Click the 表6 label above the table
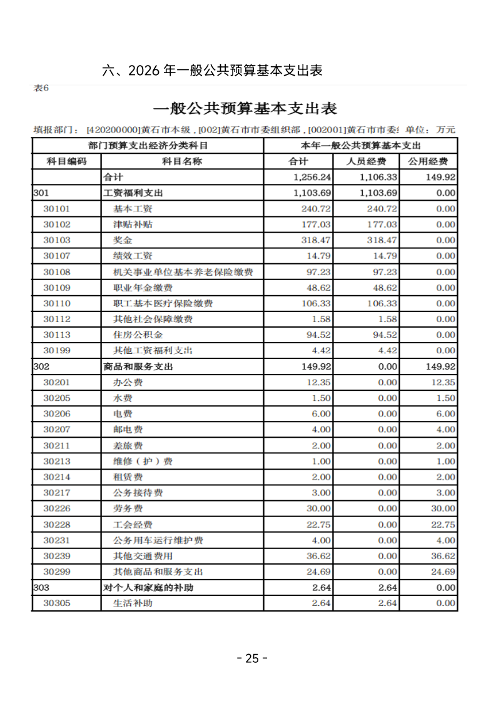pos(41,88)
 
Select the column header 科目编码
pos(67,161)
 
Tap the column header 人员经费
pos(366,161)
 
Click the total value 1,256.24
pos(312,177)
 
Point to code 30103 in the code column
pos(57,240)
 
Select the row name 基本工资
pos(133,209)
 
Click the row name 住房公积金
pos(133,335)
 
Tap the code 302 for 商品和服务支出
pos(41,366)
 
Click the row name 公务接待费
pos(138,493)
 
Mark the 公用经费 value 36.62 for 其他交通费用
pos(442,556)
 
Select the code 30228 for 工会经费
pos(57,525)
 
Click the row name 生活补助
pos(133,603)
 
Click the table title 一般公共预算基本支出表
pos(245,108)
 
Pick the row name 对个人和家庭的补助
pos(148,588)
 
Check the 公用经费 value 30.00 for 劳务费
pos(442,508)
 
